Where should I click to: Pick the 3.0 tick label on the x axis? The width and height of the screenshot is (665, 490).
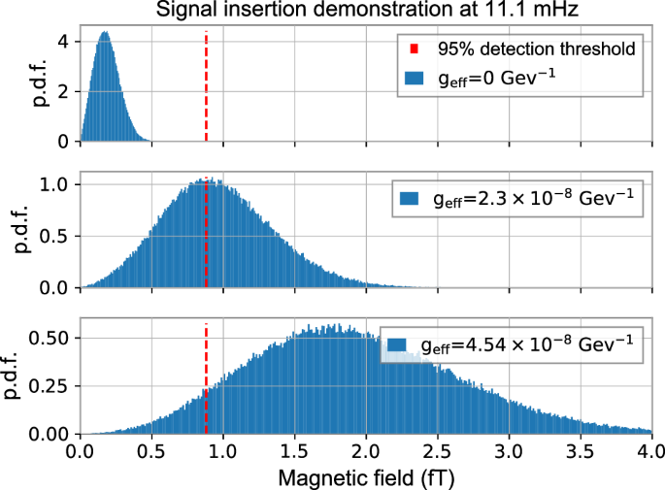tap(509, 450)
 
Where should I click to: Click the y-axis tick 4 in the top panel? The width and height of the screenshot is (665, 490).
tap(65, 43)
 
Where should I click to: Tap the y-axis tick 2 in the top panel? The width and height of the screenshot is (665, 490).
tap(65, 92)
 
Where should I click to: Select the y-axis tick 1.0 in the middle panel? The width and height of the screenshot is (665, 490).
tap(58, 184)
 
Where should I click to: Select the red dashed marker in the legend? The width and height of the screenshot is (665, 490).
tap(415, 49)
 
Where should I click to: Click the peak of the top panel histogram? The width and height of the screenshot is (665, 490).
tap(104, 33)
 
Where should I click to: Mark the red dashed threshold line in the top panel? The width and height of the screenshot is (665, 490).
tap(206, 87)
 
